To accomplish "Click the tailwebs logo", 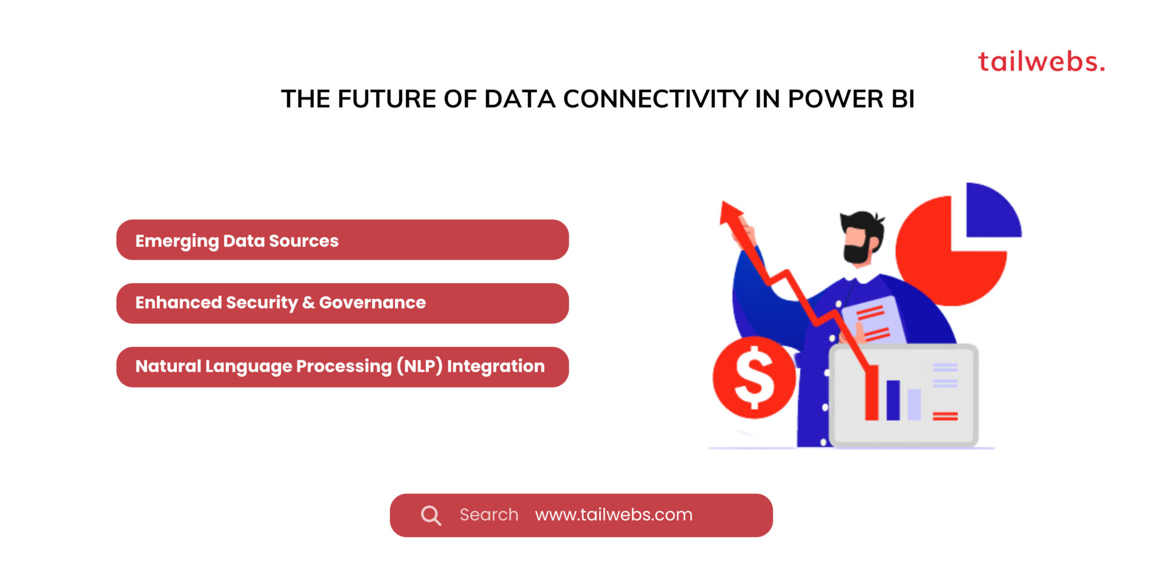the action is tap(1041, 62).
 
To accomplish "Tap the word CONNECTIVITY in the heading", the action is tap(655, 99).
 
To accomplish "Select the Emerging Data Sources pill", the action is tap(342, 240).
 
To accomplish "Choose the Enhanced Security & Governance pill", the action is tap(342, 303).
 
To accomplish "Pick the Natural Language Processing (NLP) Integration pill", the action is tap(342, 367).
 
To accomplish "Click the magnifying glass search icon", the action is tap(431, 515).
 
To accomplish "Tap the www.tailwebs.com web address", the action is tap(614, 515).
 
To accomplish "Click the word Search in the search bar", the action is tap(489, 515).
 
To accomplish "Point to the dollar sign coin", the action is tap(754, 378).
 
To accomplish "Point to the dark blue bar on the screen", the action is tap(893, 400).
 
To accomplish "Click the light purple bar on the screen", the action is tap(914, 404).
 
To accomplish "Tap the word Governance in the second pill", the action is tap(373, 303).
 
